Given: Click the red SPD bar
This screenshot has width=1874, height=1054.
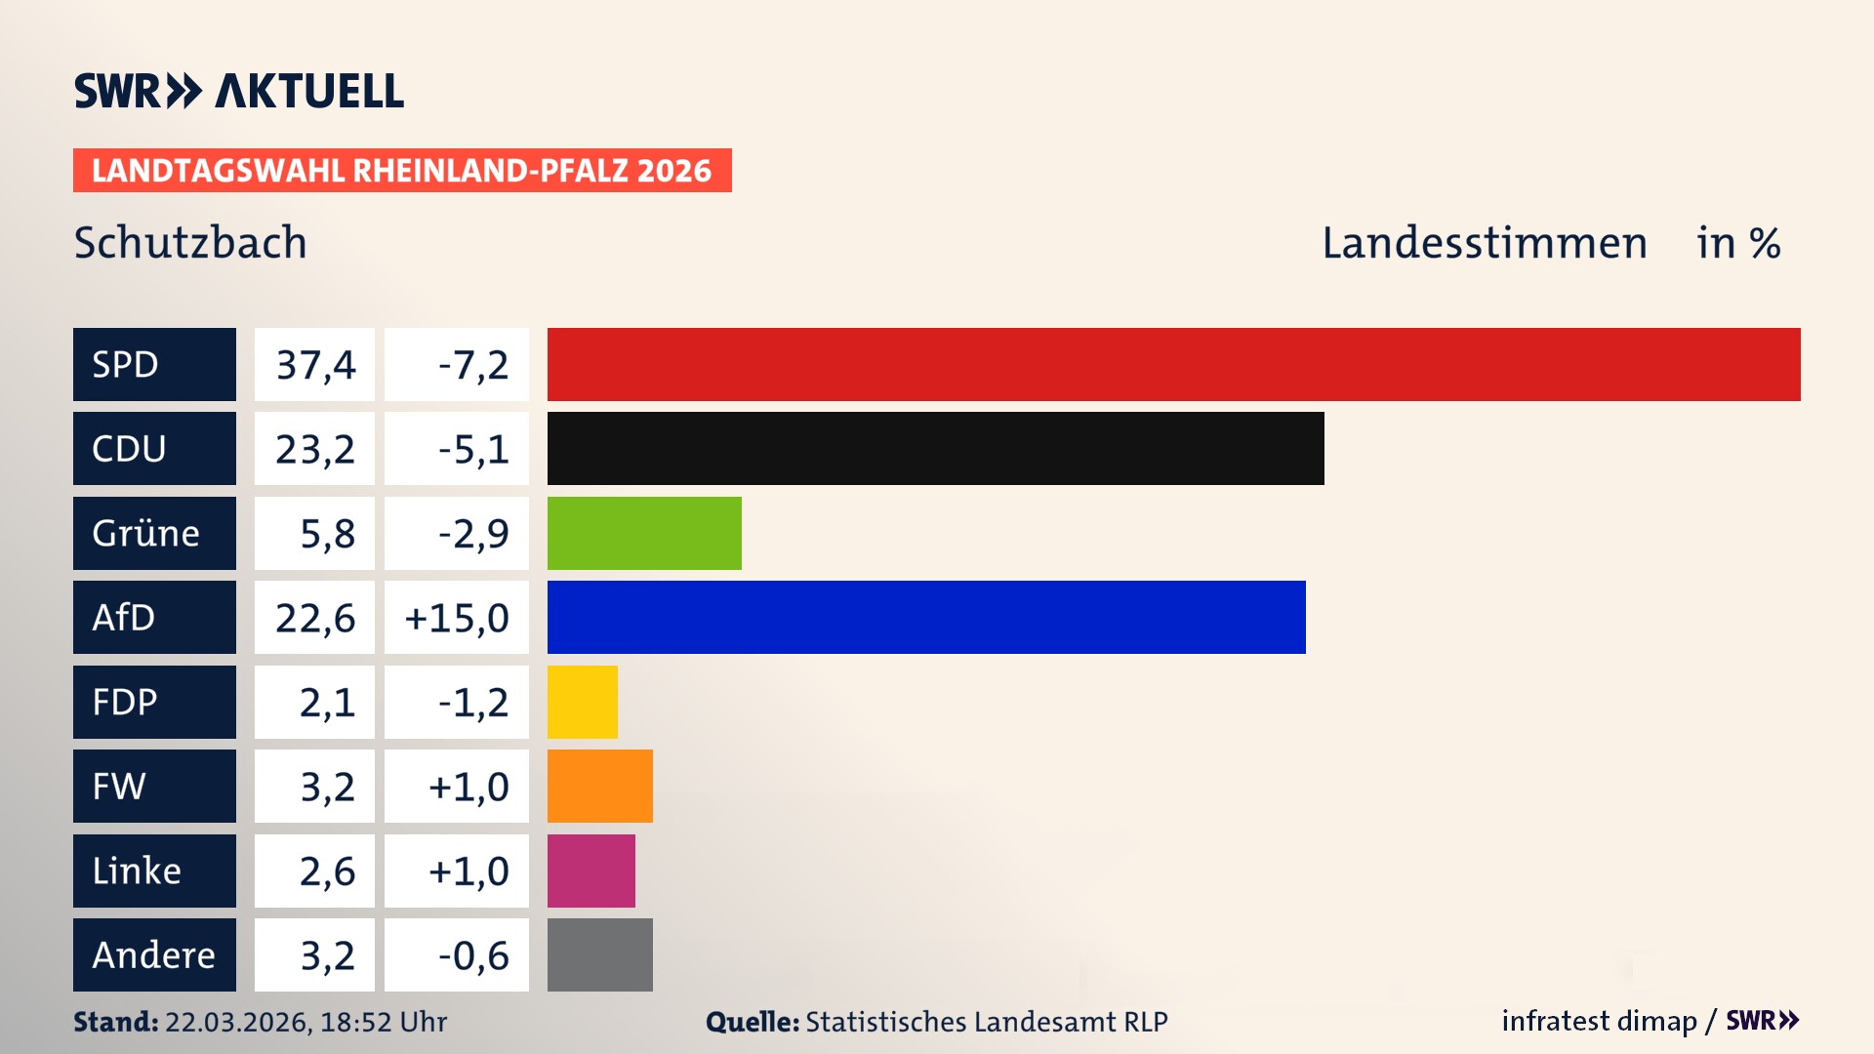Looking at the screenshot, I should tap(1173, 364).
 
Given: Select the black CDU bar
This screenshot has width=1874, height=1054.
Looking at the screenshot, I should tap(935, 448).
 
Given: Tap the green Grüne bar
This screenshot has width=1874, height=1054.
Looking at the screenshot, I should tap(644, 533).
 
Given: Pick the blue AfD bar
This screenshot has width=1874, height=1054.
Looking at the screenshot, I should tap(925, 617).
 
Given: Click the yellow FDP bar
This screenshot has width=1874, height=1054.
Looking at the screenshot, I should tap(582, 702).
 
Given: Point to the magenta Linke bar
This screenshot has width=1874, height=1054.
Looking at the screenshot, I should tap(591, 871).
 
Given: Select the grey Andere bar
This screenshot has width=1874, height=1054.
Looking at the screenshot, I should tap(599, 954).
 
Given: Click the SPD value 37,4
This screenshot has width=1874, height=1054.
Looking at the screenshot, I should tap(314, 364).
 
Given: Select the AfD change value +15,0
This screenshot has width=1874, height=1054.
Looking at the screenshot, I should tap(456, 617).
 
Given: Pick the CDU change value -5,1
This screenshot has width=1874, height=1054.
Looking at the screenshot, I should tap(472, 448).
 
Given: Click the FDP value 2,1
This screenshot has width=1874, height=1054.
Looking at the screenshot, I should tap(326, 702).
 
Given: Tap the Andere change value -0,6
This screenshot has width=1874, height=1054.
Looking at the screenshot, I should tap(472, 954).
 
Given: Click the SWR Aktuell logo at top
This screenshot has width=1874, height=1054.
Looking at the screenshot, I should tap(238, 91).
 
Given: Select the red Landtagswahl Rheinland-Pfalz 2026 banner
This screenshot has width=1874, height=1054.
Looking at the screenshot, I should tap(401, 170).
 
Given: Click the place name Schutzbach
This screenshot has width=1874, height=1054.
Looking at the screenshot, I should tap(190, 242).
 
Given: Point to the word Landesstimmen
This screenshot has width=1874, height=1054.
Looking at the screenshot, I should tap(1484, 242).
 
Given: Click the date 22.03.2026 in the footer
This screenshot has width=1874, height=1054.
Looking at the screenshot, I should tap(237, 1022).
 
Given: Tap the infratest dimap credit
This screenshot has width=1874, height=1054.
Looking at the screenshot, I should tap(1598, 1021).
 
